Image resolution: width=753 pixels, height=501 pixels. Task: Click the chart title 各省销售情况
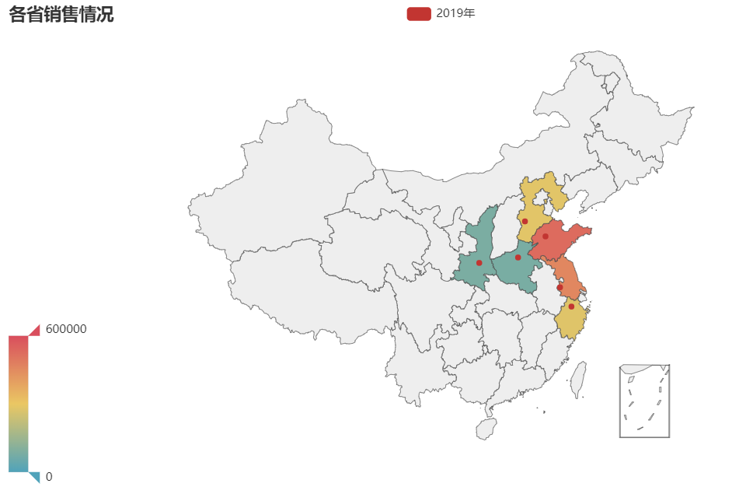61,14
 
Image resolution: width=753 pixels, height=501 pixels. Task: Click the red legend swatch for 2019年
418,13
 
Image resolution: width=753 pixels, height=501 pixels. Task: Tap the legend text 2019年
455,13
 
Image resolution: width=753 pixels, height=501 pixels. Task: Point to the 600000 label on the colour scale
66,329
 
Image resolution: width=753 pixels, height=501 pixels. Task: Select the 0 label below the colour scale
49,477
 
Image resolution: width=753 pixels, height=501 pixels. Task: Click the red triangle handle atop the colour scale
34,331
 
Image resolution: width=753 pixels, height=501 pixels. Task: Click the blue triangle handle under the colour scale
34,477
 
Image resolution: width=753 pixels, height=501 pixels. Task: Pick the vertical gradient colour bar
19,404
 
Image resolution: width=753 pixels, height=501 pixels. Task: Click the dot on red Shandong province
546,236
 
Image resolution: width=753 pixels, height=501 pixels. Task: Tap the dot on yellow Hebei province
525,221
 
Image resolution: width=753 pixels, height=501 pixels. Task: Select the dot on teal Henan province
518,258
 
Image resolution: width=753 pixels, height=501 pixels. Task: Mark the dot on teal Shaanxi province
479,263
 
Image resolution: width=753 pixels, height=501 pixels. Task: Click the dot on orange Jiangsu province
560,287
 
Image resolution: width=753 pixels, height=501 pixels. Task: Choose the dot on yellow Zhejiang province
571,307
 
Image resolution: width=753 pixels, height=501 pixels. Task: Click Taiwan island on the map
577,379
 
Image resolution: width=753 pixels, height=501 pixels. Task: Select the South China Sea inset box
644,401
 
